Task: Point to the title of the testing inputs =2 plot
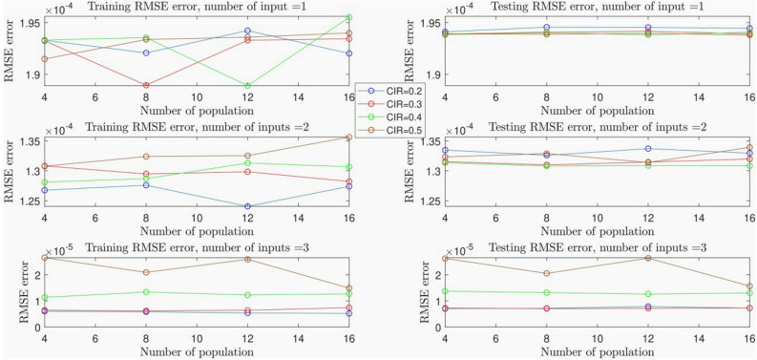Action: coord(598,127)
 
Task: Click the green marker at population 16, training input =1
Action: coord(349,18)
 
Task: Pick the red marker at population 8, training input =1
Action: coord(146,86)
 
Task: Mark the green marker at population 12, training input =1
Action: coord(248,86)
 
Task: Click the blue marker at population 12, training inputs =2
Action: coord(248,206)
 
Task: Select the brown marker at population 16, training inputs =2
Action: coord(349,138)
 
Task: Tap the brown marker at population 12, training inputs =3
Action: coord(248,259)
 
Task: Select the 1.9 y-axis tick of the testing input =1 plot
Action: coord(427,74)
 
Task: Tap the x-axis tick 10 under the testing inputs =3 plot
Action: coord(598,338)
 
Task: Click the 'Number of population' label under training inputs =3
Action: coord(197,351)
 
